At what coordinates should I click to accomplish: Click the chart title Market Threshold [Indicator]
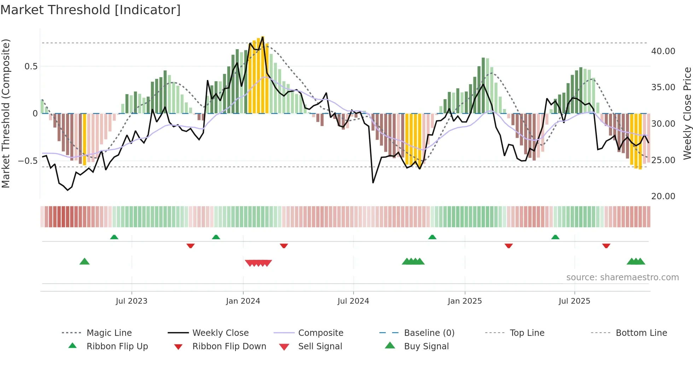point(91,10)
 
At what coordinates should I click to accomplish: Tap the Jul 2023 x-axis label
point(132,301)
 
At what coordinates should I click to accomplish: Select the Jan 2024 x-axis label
point(243,301)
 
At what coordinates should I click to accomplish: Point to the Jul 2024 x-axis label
point(353,301)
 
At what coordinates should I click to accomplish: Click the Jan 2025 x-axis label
point(465,301)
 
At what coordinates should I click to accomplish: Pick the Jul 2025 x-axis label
point(575,301)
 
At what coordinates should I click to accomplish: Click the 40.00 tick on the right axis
point(663,51)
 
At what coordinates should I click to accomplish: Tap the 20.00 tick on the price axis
point(663,196)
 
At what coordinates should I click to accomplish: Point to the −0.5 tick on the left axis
point(28,161)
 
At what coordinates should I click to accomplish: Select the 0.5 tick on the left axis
point(31,67)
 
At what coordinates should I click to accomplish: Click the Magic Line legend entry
point(109,333)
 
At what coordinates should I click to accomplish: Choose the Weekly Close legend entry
point(220,333)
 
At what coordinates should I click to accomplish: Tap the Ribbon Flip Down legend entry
point(229,346)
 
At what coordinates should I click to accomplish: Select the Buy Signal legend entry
point(426,346)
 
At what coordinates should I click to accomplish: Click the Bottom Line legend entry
point(641,333)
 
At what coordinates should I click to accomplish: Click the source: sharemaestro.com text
point(622,277)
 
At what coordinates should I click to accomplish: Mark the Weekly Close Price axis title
point(687,113)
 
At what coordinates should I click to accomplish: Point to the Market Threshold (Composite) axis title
point(6,113)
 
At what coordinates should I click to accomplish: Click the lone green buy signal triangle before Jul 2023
point(85,262)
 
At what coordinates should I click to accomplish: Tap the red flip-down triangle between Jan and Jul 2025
point(509,246)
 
